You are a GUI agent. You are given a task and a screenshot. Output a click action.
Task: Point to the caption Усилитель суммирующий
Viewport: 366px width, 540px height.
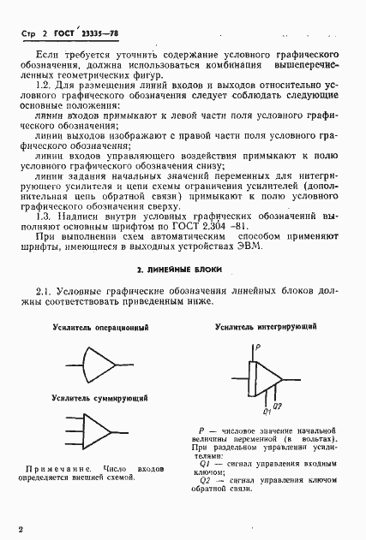[99, 398]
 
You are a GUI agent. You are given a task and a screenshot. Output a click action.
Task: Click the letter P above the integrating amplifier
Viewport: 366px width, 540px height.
[257, 347]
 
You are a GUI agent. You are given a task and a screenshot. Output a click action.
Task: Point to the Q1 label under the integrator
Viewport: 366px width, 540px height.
[266, 412]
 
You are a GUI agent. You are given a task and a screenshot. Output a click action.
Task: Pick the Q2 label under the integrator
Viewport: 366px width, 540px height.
[277, 405]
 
